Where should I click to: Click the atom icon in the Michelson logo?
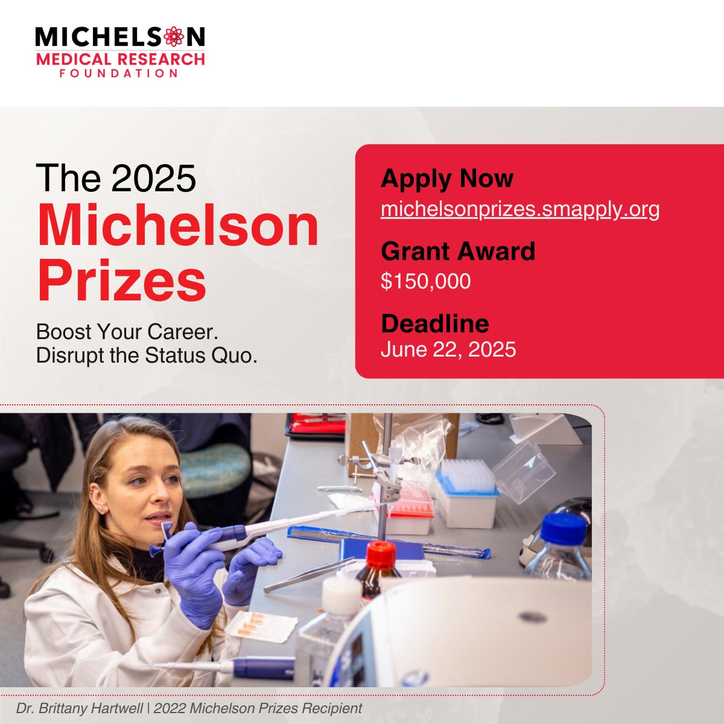(x=174, y=37)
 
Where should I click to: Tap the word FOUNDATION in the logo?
(x=119, y=73)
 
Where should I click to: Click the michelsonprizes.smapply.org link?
(x=520, y=209)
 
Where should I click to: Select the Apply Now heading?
(x=446, y=179)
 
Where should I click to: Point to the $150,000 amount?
(x=426, y=281)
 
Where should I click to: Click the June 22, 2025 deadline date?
(x=448, y=349)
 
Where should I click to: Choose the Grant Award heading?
(x=458, y=251)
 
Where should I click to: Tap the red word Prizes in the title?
(x=122, y=280)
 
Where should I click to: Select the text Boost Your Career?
(x=127, y=332)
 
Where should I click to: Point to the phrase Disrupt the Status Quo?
(x=147, y=355)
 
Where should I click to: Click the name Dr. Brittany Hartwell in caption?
(x=79, y=708)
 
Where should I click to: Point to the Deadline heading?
(x=435, y=323)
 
